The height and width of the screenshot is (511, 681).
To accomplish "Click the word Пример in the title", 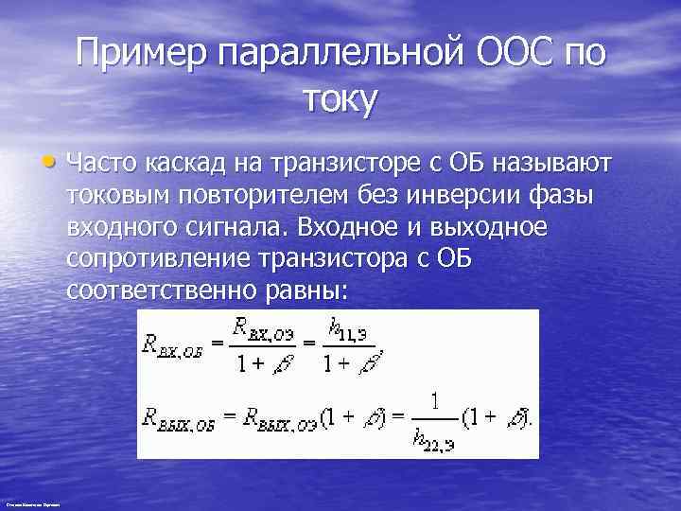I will click(x=141, y=54).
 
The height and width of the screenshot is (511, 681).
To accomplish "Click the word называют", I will click(x=550, y=166).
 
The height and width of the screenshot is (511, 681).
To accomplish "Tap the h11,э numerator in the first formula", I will click(x=347, y=331).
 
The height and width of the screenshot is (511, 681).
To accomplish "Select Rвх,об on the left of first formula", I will click(x=173, y=345).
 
